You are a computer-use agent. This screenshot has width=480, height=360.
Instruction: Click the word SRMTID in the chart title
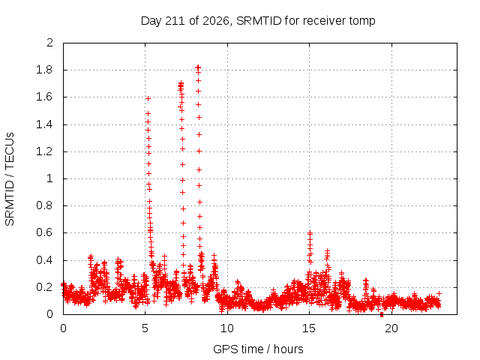(x=259, y=21)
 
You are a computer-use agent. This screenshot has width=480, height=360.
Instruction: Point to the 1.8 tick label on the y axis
(x=44, y=70)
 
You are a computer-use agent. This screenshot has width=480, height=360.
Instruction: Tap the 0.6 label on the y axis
(x=44, y=232)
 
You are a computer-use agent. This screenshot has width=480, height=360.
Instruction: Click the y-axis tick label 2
(x=49, y=43)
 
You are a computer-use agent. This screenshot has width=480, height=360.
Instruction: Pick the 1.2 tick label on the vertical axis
(x=44, y=151)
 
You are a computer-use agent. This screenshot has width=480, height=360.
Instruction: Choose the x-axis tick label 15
(x=309, y=328)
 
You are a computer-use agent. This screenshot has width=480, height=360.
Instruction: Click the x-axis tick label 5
(x=145, y=328)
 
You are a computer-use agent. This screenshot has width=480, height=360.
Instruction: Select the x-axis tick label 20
(x=391, y=328)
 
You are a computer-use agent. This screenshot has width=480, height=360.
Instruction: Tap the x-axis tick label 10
(x=226, y=328)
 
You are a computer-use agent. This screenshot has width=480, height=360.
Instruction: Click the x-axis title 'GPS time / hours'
(x=258, y=349)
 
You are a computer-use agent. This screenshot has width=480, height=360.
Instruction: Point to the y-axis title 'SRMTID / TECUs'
(x=10, y=179)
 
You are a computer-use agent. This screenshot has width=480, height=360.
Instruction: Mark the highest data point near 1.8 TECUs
(x=198, y=67)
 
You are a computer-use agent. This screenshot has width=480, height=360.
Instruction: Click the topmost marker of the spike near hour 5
(x=148, y=98)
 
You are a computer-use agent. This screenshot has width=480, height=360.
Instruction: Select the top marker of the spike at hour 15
(x=310, y=233)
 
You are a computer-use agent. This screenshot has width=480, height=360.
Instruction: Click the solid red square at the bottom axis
(x=382, y=314)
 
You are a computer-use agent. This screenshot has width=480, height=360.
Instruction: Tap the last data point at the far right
(x=439, y=293)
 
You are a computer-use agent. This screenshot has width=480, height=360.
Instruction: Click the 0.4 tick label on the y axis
(x=44, y=260)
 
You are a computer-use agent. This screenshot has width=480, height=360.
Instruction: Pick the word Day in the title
(x=151, y=22)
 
